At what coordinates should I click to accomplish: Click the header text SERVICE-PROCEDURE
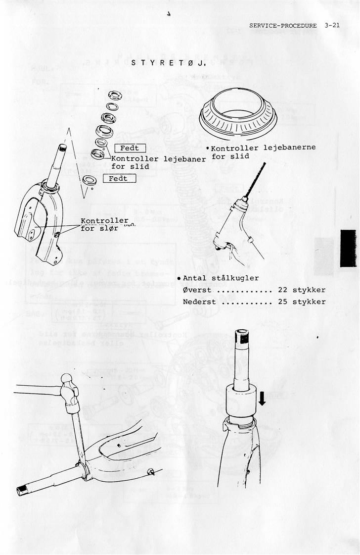point(283,25)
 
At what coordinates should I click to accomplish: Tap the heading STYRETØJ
point(169,63)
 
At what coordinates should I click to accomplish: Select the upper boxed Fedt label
point(130,148)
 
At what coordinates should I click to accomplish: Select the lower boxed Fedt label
point(119,178)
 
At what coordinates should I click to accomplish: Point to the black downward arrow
point(262,398)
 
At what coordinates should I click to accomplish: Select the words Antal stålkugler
point(221,278)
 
